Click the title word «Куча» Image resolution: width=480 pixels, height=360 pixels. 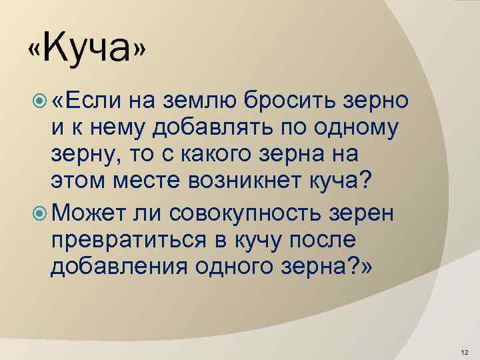(x=87, y=48)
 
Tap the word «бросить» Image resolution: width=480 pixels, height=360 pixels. (x=289, y=99)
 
